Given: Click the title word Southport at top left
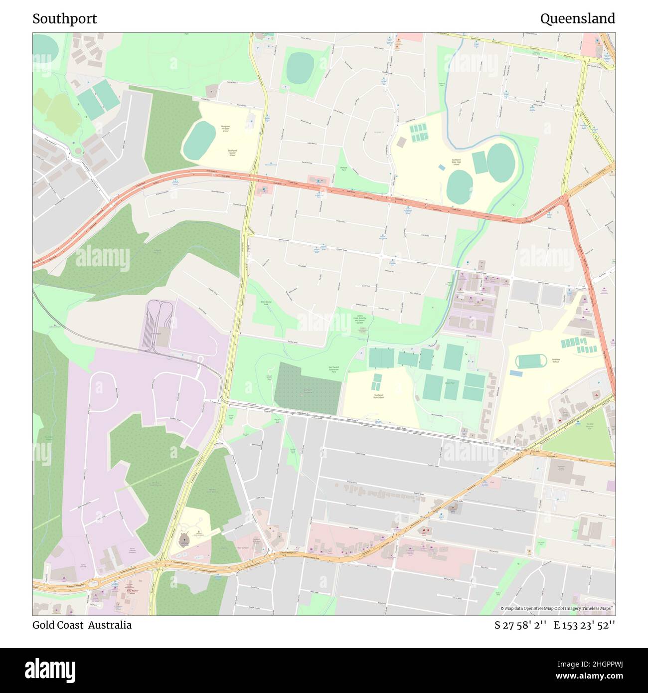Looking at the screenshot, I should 65,19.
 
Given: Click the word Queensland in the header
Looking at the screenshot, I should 577,19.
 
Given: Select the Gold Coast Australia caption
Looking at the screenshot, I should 82,625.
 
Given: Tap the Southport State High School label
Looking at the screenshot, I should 456,162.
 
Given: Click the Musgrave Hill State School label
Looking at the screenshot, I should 225,129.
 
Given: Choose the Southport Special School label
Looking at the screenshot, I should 232,153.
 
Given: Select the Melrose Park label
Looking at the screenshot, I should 343,169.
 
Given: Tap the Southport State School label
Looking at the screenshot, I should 379,396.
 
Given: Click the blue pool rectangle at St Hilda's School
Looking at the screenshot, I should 516,373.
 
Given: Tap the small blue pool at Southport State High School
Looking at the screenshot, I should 441,167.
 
